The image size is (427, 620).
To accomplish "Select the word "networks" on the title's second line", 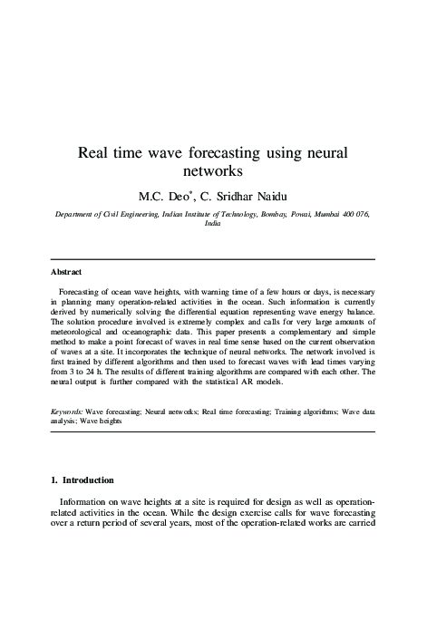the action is (214, 170).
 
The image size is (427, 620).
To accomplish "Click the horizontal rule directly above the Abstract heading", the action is (213, 259).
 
